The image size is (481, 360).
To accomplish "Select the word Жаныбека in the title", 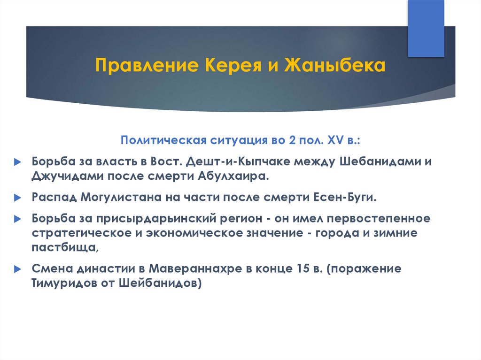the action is coord(334,65).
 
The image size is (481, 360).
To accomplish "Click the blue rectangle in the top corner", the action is coord(426,29).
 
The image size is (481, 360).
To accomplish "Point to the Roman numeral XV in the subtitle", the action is coord(335,140).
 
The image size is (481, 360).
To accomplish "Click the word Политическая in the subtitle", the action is coord(163,140).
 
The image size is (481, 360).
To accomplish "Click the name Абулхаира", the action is coord(233,176).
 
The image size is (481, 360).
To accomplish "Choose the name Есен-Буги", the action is coord(345,197).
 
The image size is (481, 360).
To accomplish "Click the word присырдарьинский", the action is coord(179,219).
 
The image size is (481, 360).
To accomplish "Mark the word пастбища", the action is coord(65,247).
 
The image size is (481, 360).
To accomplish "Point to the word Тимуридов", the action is coord(64,283).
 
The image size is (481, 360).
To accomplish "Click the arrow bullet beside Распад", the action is coord(18,198).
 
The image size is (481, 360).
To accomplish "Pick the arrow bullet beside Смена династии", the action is coord(18,269).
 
